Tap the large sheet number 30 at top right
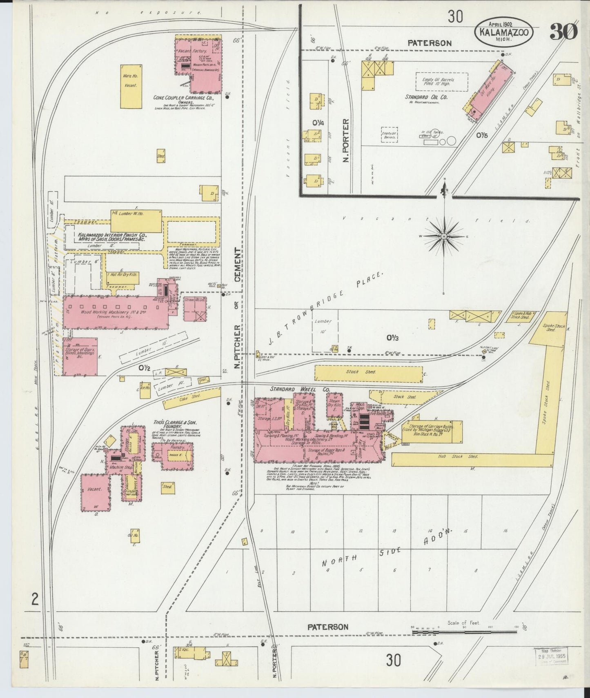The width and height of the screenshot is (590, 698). (563, 31)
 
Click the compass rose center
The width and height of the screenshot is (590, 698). (444, 236)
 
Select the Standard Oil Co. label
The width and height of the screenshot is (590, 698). (426, 97)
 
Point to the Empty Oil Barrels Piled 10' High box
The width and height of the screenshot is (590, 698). (441, 82)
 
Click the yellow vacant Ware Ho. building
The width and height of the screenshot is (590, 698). (131, 86)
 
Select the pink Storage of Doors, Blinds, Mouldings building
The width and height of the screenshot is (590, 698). (80, 356)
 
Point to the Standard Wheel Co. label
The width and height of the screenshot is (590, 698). (300, 390)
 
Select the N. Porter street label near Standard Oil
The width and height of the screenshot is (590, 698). (346, 140)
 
